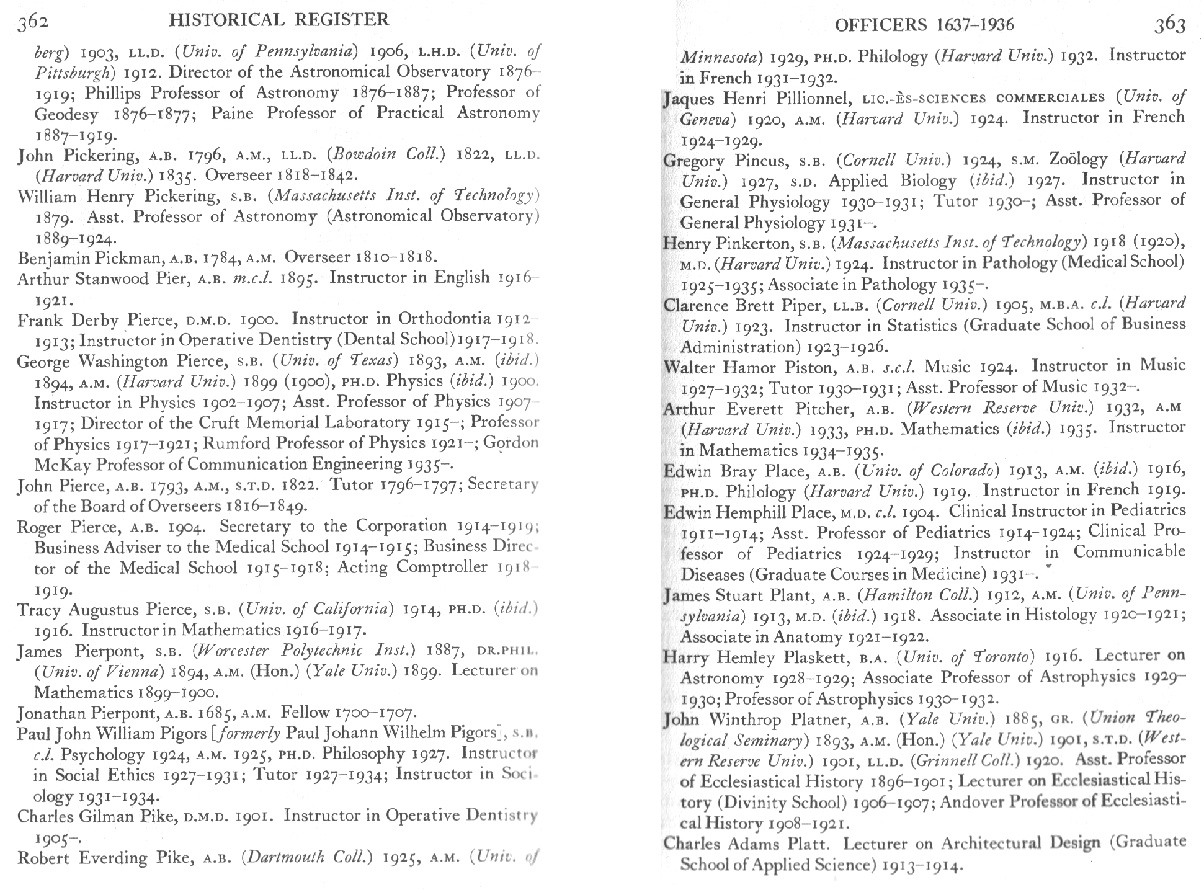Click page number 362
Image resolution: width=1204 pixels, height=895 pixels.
pos(32,23)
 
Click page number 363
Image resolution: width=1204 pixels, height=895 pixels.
pos(1169,25)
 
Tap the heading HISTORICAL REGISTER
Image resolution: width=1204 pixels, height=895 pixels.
pos(279,20)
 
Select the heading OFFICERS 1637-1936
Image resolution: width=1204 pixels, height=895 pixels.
pos(924,25)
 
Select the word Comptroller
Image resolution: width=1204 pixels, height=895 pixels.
pos(442,567)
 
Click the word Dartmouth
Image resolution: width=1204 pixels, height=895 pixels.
pos(282,858)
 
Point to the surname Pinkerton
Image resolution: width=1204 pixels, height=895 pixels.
pos(749,243)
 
